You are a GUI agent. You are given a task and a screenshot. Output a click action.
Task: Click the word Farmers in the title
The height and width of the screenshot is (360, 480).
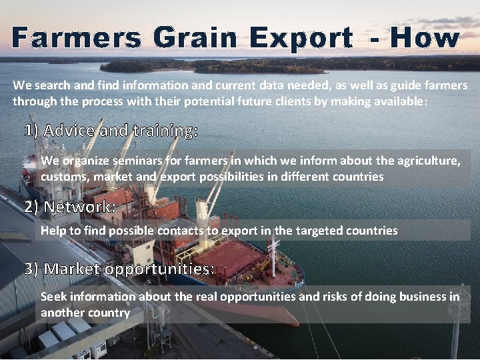(75, 38)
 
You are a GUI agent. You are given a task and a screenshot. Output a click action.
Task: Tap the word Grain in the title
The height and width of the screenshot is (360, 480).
(195, 38)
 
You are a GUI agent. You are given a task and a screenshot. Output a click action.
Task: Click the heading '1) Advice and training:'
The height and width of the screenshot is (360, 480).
(111, 131)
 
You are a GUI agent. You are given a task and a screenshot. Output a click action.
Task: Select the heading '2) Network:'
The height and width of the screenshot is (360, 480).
(70, 207)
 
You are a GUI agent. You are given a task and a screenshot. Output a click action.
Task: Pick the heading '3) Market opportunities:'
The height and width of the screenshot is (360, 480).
(120, 269)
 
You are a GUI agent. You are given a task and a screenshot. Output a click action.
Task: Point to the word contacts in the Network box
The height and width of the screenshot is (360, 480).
(181, 231)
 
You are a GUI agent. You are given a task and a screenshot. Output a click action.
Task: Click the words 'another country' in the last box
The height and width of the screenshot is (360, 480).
(85, 312)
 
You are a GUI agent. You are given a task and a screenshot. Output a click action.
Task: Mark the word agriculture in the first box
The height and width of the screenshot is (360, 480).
(425, 161)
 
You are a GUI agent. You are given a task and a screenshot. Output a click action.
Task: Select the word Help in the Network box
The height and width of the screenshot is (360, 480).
(54, 231)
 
